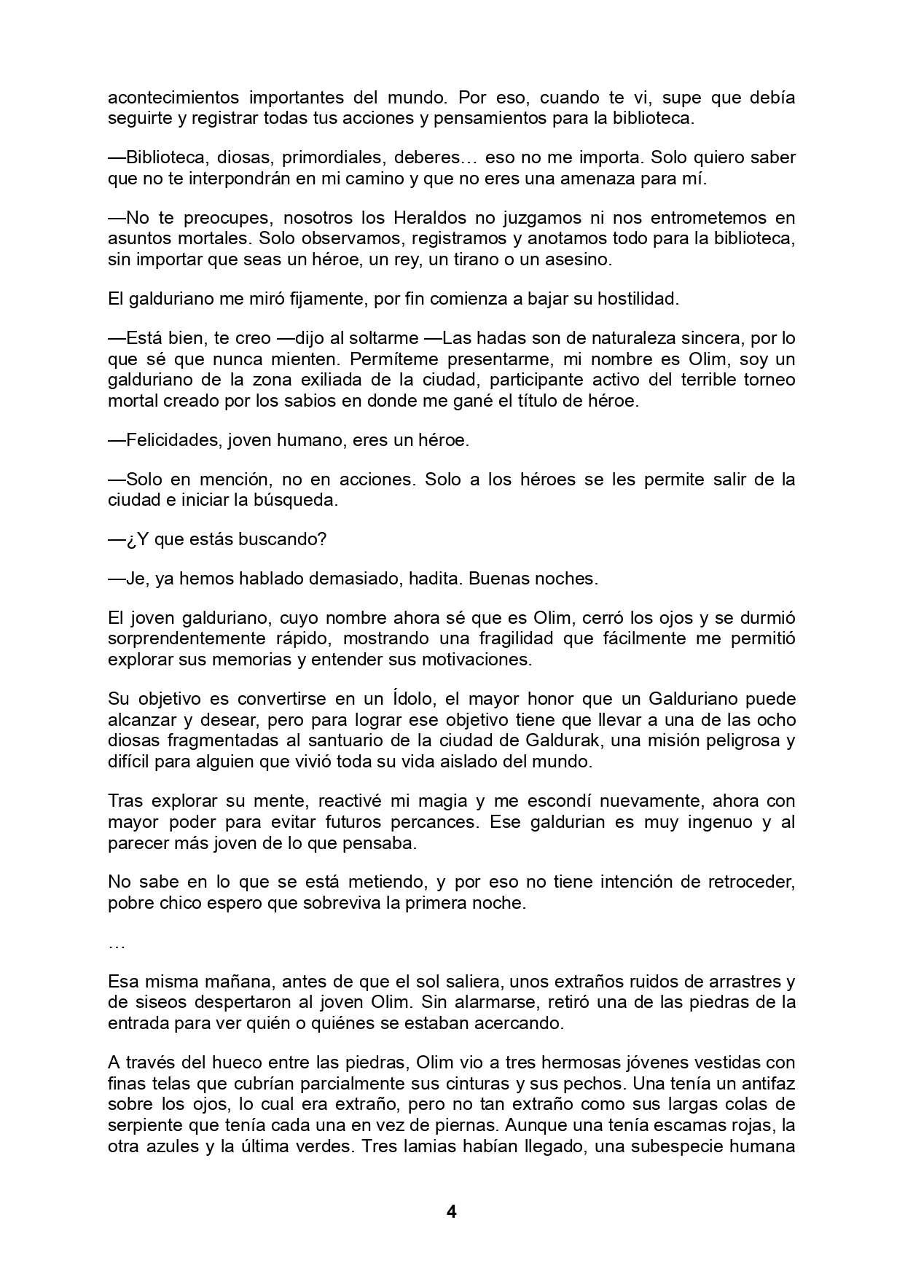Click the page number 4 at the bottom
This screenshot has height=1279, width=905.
point(451,1212)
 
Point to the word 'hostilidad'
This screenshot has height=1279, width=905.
point(632,299)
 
